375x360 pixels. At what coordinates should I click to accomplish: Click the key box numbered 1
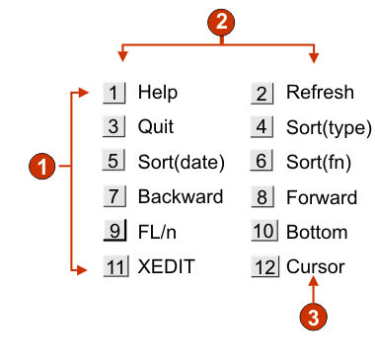114,94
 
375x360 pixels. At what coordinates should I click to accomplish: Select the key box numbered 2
262,94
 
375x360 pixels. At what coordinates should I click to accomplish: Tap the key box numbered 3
114,127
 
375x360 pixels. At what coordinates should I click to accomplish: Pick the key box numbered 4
262,127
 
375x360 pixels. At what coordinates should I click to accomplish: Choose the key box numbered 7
114,197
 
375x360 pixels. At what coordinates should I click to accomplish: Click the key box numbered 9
114,232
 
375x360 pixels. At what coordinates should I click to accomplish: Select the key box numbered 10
262,232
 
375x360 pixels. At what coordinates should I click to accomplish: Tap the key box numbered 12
262,266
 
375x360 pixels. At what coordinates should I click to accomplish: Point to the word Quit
155,127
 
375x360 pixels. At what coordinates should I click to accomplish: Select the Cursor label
315,266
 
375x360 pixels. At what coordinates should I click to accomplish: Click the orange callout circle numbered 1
41,168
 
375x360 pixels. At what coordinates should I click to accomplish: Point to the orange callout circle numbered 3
312,318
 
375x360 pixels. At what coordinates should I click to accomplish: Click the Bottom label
317,232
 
